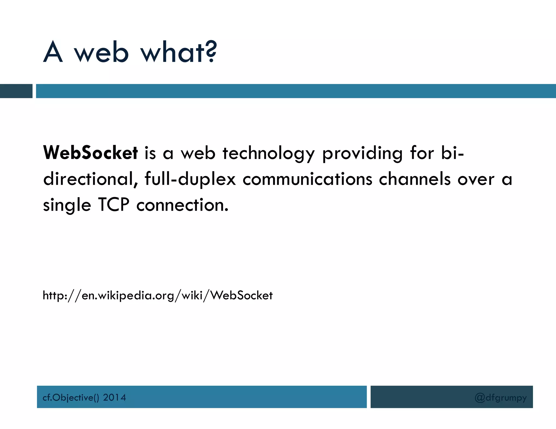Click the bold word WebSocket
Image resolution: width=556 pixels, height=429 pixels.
click(90, 153)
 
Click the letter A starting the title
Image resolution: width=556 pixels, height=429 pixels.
click(53, 52)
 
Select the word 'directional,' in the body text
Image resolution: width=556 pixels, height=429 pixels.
click(91, 179)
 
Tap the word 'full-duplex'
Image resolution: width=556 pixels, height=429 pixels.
click(190, 179)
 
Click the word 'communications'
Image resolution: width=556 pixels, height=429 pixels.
click(307, 179)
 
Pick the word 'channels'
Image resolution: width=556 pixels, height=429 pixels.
click(415, 179)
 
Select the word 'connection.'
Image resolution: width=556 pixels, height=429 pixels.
click(182, 205)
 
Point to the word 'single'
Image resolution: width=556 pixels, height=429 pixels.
click(67, 205)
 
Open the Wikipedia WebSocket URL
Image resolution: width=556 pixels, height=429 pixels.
click(157, 295)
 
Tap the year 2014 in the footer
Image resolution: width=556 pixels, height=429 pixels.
click(114, 398)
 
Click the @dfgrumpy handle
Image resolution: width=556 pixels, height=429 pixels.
click(501, 398)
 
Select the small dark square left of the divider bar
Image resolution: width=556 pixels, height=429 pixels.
click(16, 91)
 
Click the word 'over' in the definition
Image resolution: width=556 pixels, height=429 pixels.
click(476, 179)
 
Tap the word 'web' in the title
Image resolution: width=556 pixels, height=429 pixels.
click(101, 52)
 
